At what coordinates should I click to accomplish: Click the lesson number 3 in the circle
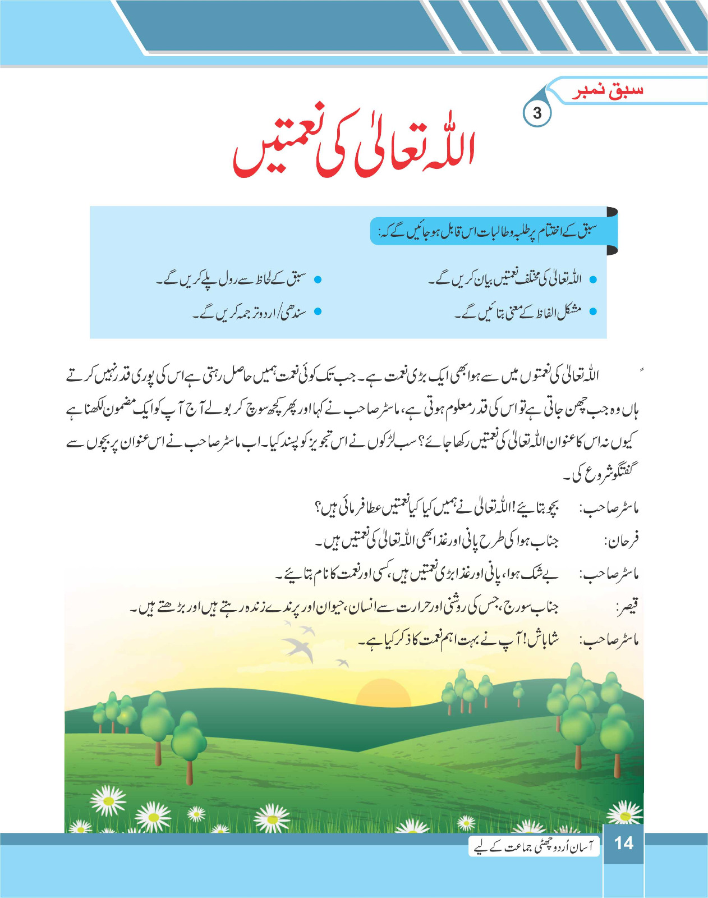pos(537,113)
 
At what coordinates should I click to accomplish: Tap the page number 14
pos(623,843)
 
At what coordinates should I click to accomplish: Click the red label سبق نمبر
pos(608,91)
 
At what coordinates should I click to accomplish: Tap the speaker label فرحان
pos(621,542)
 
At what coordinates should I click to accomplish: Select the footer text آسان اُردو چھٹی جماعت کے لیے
pos(534,846)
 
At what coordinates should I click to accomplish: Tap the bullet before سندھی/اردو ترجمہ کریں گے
pos(318,311)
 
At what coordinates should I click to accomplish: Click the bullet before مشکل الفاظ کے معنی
pos(593,311)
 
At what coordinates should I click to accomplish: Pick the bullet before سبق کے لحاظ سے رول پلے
pos(318,279)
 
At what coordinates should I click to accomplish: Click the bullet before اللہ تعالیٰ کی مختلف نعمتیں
pos(593,279)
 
